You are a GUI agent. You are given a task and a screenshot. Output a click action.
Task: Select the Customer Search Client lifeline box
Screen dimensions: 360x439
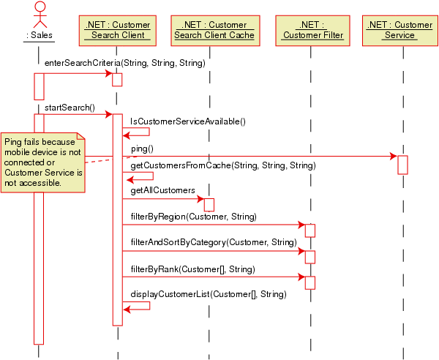(117, 30)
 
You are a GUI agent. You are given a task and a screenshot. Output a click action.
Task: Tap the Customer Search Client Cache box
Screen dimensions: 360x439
(209, 30)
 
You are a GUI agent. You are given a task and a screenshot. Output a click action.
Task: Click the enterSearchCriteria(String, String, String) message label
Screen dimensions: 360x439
(124, 63)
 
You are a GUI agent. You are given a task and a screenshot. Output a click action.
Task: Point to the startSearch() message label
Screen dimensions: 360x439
(70, 108)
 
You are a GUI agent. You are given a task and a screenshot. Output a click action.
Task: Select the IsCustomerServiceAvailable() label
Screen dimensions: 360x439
(187, 121)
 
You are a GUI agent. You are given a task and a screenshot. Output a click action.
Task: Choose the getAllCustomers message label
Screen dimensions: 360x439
(162, 190)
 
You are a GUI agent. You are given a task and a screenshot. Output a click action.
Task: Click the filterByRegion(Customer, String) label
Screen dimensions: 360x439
(193, 217)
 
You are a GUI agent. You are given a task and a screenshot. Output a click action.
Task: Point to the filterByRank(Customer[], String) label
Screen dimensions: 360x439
(192, 269)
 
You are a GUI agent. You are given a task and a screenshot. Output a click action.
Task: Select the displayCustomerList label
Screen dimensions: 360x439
(208, 294)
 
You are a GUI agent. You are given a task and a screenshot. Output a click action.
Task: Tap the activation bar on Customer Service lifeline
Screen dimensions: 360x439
(402, 165)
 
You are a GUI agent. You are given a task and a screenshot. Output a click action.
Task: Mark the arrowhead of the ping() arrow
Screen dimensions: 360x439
(394, 156)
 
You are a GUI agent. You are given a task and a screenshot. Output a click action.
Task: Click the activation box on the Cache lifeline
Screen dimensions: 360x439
(209, 205)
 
